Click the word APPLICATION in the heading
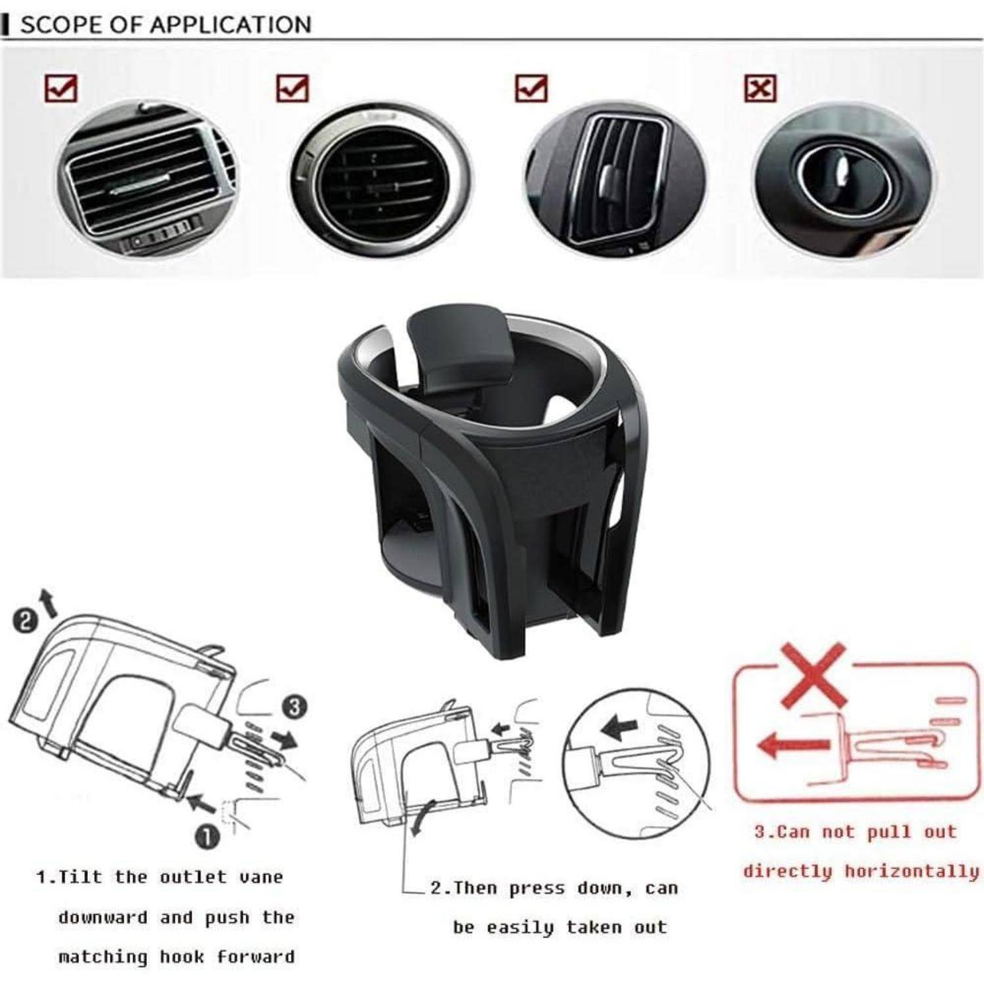[x=230, y=24]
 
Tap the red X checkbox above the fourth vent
[x=760, y=88]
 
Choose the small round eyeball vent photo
[x=844, y=177]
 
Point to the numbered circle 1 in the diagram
[x=207, y=836]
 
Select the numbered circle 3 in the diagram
[x=295, y=708]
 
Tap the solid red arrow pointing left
[x=794, y=746]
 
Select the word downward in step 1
[x=103, y=917]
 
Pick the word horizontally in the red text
[x=912, y=871]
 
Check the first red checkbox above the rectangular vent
[x=61, y=88]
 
